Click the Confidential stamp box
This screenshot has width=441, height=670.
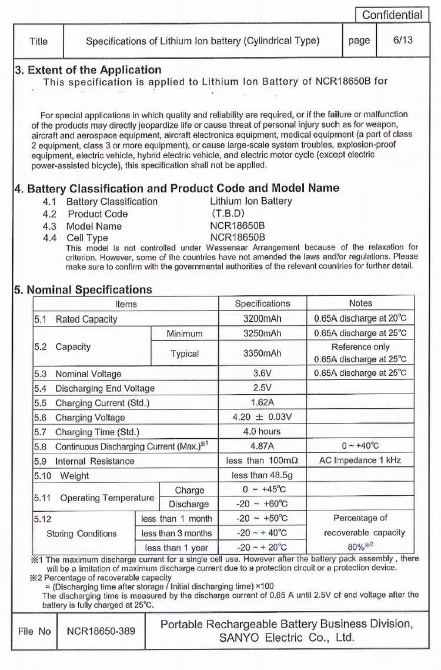[392, 15]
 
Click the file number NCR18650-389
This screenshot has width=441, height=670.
[101, 631]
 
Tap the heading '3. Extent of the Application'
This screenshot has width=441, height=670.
[88, 70]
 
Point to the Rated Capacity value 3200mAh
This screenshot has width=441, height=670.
[262, 319]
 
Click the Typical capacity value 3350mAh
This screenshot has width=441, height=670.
[262, 354]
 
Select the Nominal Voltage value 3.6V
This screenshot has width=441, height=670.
[262, 374]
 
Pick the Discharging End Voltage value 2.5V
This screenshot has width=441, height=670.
[262, 388]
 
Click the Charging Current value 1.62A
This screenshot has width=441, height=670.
[262, 403]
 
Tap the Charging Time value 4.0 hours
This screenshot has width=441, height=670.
[262, 432]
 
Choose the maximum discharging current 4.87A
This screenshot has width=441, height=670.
[262, 446]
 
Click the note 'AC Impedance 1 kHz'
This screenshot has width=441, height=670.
[360, 460]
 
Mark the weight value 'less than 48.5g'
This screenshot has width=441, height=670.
[262, 475]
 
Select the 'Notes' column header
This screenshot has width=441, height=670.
[360, 303]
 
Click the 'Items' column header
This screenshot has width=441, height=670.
[126, 304]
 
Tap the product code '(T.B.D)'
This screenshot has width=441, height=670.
[228, 214]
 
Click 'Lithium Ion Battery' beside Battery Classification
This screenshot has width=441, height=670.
[251, 201]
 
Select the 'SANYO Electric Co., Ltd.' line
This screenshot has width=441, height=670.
[287, 638]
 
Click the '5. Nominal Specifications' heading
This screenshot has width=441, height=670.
[83, 289]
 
